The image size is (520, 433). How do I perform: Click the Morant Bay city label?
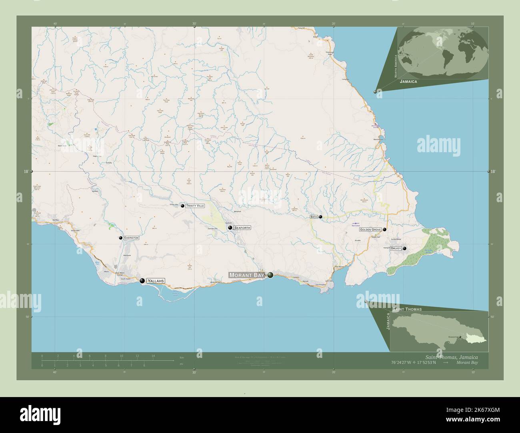pos(246,275)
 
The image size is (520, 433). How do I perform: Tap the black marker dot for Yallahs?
pos(142,281)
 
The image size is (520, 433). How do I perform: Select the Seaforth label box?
pos(242,228)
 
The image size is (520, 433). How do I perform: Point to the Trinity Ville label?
pos(195,206)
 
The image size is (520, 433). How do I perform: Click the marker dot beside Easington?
pos(120,238)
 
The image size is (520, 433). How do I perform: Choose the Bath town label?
pos(314,217)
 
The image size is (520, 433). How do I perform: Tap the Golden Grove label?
pos(370,230)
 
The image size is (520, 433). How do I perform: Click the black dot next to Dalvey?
pos(405,248)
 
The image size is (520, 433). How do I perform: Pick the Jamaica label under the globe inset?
pos(408,81)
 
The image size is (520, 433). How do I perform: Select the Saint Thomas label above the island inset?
pos(407,309)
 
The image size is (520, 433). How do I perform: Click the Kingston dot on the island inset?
pos(460,337)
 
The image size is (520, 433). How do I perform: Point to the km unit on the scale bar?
pos(182,356)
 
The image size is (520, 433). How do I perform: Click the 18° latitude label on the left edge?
pos(26,171)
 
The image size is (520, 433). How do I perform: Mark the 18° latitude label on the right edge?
pos(493,171)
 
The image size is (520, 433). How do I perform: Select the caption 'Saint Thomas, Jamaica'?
pos(451,357)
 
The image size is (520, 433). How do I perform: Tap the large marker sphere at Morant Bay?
pos(271,275)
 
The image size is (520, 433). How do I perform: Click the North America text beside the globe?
pos(396,66)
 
